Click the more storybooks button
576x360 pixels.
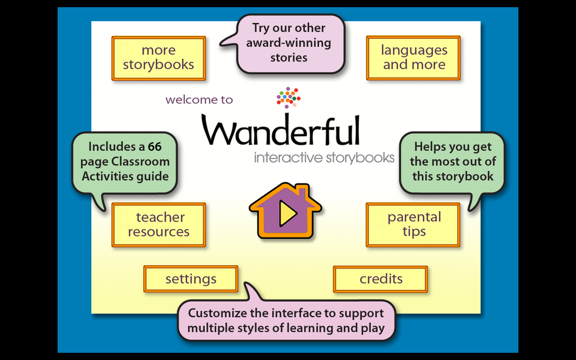pos(158,58)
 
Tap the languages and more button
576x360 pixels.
pos(414,58)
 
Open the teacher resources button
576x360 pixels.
pos(159,225)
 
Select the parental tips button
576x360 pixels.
pos(414,225)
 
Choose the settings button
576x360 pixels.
pos(191,279)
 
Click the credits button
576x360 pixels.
pos(381,279)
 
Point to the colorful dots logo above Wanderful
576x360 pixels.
pos(288,97)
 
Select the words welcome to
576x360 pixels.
pos(199,100)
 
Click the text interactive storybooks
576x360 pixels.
pos(324,158)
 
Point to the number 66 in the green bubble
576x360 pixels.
pos(155,147)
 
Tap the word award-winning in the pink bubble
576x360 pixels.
pos(288,43)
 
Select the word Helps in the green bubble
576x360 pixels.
pos(431,147)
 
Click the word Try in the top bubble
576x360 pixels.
pos(260,28)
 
